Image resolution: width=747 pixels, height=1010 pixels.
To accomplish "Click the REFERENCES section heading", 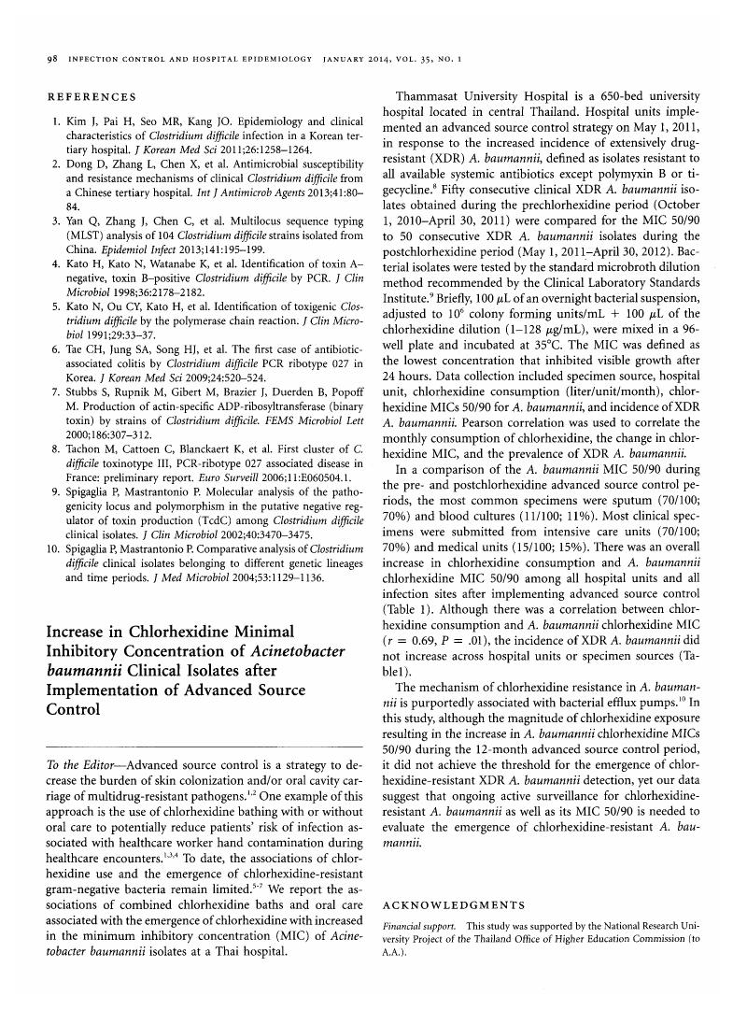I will coord(91,97).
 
